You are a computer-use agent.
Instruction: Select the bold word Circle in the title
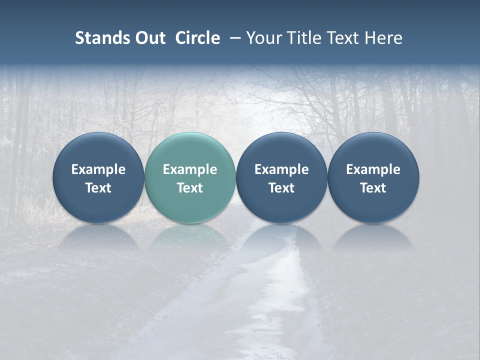click(197, 38)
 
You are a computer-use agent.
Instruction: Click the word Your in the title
click(263, 38)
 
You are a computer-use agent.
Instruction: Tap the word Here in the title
click(384, 38)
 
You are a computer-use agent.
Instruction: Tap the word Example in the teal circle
click(190, 170)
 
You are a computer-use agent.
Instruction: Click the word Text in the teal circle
click(190, 188)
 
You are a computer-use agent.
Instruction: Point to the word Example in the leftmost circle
click(98, 170)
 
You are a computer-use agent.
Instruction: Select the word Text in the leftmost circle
click(98, 188)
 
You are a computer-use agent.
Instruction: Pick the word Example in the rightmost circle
click(373, 170)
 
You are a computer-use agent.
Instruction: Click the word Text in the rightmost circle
click(373, 188)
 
